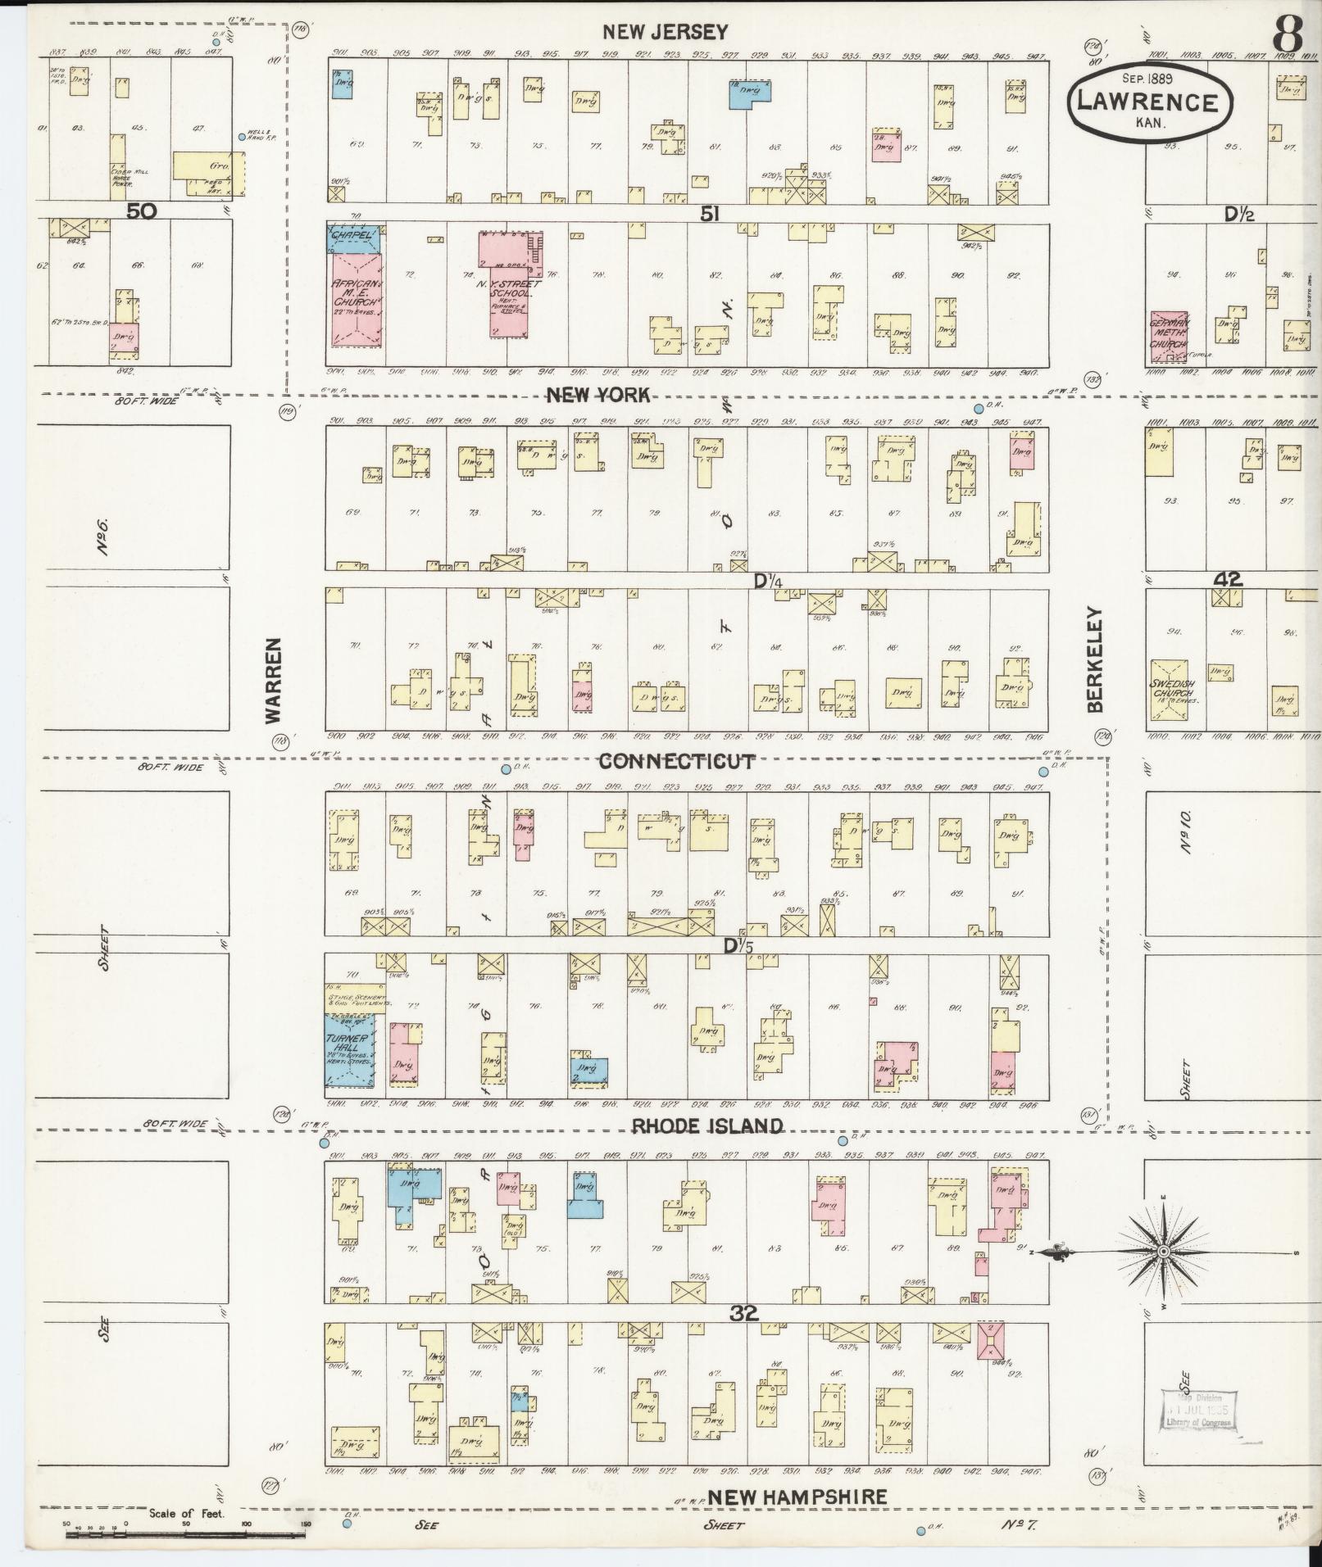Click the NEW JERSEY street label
664,32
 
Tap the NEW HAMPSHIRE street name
797,1497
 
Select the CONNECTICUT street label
677,761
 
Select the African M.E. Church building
357,297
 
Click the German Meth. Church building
1168,338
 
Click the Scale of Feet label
187,1515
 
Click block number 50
141,211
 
